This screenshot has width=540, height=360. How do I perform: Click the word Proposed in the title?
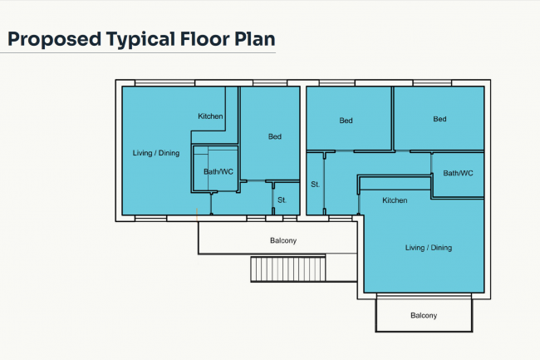tap(54, 40)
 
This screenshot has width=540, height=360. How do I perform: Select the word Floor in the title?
tap(205, 38)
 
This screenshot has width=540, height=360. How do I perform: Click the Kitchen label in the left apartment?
tap(210, 116)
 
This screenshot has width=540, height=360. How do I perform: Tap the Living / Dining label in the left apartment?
tap(156, 153)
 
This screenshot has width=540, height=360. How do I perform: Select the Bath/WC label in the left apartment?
tap(218, 171)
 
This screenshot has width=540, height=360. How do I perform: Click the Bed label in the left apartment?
tap(275, 136)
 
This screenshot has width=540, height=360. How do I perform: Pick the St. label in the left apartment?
tap(282, 200)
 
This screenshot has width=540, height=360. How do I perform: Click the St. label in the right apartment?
tap(316, 185)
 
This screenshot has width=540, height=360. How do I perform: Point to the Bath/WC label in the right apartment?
tap(458, 173)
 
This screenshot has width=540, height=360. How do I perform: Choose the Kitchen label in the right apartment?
tap(395, 200)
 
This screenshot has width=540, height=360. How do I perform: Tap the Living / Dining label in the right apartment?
tap(429, 248)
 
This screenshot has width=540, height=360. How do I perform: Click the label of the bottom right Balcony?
tap(424, 316)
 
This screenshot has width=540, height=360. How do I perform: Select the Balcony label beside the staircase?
tap(283, 240)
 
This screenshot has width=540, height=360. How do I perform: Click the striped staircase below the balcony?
tap(288, 269)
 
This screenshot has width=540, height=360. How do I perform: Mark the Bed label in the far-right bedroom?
tap(439, 119)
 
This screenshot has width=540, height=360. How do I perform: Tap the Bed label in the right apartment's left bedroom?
tap(346, 121)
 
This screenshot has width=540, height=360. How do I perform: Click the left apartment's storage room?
tap(287, 199)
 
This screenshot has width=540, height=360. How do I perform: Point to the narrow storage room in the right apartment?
tap(315, 184)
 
